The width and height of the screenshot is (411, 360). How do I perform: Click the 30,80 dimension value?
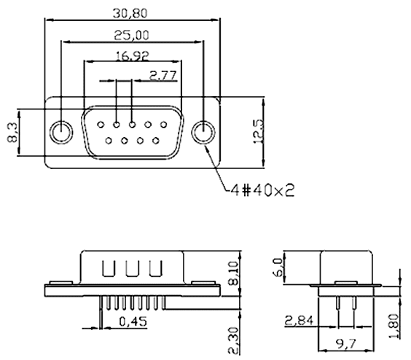[131, 12]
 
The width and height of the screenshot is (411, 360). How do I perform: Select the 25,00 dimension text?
[132, 34]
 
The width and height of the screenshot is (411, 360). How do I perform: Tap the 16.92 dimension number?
[132, 55]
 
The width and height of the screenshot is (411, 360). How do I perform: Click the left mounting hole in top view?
[61, 133]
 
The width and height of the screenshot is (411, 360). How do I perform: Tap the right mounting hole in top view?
[203, 133]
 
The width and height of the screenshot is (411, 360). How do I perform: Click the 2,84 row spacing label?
[300, 319]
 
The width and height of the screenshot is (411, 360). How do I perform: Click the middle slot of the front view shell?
[132, 268]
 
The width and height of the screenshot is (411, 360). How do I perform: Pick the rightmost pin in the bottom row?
[156, 140]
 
